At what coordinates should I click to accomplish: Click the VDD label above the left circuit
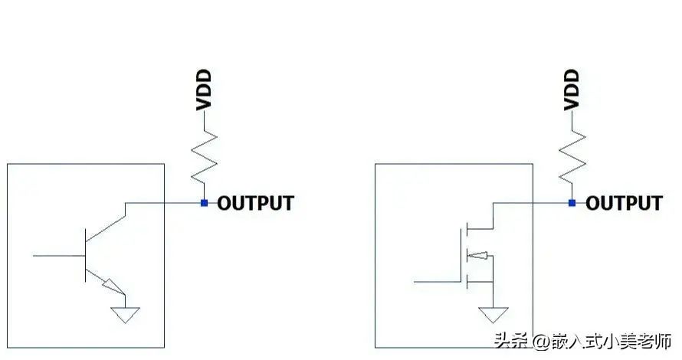pyautogui.click(x=204, y=90)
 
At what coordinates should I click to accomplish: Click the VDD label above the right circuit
pyautogui.click(x=572, y=90)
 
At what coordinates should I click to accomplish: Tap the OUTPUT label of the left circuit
pyautogui.click(x=256, y=203)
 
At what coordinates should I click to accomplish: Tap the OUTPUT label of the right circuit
pyautogui.click(x=625, y=203)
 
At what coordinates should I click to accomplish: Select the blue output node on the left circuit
pyautogui.click(x=204, y=203)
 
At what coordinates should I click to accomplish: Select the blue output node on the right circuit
pyautogui.click(x=572, y=203)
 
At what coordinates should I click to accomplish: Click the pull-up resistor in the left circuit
pyautogui.click(x=204, y=157)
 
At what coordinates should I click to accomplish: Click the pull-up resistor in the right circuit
pyautogui.click(x=572, y=157)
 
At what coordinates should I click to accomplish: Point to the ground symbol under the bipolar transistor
pyautogui.click(x=125, y=314)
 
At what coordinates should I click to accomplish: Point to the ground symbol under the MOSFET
pyautogui.click(x=493, y=314)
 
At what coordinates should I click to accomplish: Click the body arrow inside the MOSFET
pyautogui.click(x=477, y=256)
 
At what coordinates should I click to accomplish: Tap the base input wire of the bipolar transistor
pyautogui.click(x=59, y=256)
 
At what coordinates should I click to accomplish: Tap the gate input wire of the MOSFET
pyautogui.click(x=437, y=282)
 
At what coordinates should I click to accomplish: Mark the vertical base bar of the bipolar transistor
pyautogui.click(x=85, y=256)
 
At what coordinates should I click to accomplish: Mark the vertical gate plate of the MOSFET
pyautogui.click(x=461, y=256)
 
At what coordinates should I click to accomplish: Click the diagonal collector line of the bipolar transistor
pyautogui.click(x=106, y=229)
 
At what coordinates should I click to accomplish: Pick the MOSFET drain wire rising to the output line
pyautogui.click(x=493, y=216)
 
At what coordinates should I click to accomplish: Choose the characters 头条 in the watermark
pyautogui.click(x=512, y=340)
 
